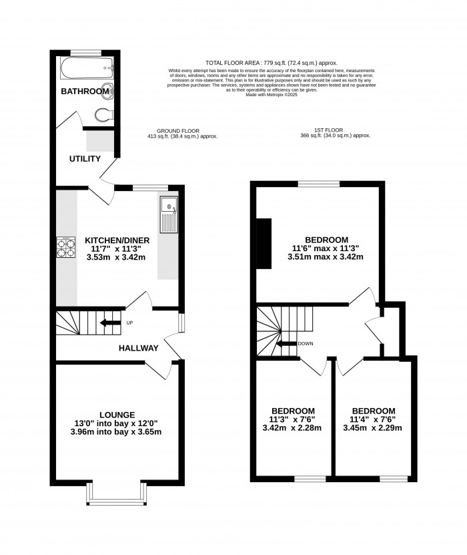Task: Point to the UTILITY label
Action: coord(84,159)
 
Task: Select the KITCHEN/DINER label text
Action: coord(117,240)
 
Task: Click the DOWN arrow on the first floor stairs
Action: coord(288,344)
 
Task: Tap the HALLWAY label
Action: coord(138,348)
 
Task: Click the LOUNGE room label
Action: coord(117,414)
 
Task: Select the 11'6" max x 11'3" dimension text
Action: coord(326,249)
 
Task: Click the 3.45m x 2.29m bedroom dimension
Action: coord(373,428)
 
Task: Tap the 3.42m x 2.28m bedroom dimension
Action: coord(293,428)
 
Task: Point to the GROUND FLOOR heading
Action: coord(178,130)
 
